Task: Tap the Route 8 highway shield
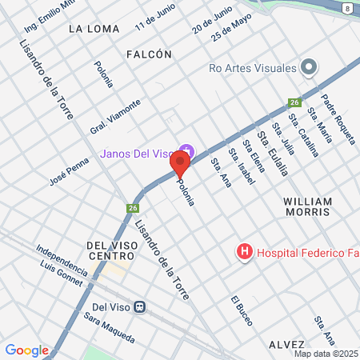pos(346,7)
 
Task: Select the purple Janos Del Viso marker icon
pos(187,150)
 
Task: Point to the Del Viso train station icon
pos(140,306)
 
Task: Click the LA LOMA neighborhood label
pos(94,29)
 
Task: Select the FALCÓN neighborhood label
pos(150,54)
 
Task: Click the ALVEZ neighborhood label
pos(287,342)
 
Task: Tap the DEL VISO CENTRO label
pos(111,250)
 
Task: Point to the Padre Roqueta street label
pos(338,119)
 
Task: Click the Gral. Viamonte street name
pos(114,117)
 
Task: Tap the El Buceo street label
pos(241,310)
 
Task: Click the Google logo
pos(26,350)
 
